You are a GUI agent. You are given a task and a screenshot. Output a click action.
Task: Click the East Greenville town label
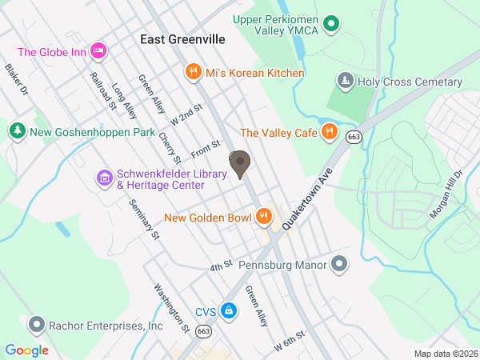(x=182, y=38)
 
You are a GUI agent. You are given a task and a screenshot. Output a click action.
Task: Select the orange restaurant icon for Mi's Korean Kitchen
(x=192, y=73)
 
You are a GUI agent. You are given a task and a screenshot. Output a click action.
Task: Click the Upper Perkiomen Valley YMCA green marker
(x=338, y=26)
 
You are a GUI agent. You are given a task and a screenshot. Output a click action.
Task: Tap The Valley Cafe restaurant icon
(x=328, y=133)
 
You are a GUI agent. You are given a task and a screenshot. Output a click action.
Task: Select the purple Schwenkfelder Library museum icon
(x=104, y=177)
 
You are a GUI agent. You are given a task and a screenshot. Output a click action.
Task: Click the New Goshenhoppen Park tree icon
(x=17, y=131)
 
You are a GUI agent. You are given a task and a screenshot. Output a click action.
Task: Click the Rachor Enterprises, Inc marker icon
(x=35, y=326)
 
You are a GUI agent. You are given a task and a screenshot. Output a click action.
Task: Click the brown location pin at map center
(x=239, y=163)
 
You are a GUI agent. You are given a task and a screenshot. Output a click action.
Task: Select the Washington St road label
(x=170, y=308)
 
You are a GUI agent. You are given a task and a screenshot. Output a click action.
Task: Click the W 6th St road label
(x=290, y=341)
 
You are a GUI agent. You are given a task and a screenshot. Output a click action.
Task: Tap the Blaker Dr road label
(x=16, y=80)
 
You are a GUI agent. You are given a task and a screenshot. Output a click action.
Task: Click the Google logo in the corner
(x=27, y=350)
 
